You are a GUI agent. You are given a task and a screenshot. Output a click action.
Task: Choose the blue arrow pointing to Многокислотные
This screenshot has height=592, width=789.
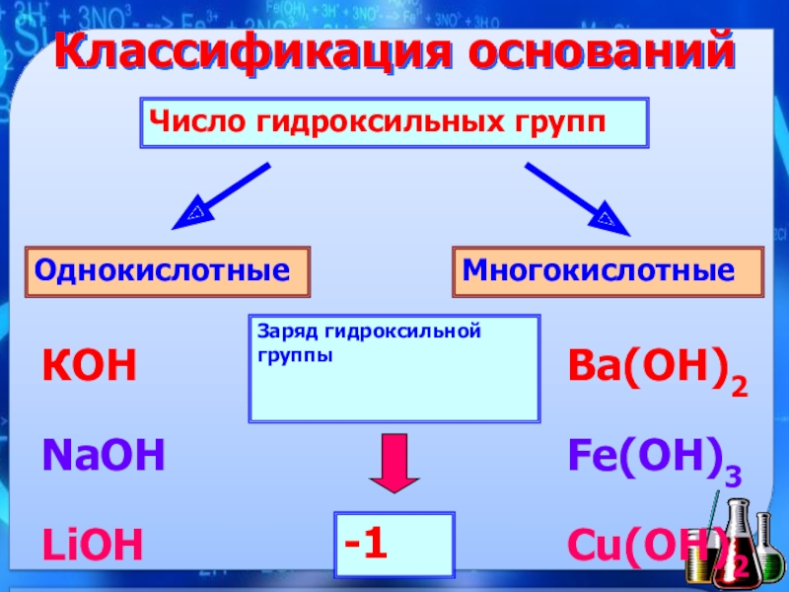[578, 198]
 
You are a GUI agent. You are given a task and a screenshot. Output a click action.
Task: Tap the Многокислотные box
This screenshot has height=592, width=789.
[608, 271]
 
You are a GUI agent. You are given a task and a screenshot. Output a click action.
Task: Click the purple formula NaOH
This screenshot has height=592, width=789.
[103, 455]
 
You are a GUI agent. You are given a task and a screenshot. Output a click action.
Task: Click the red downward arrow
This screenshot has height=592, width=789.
[394, 463]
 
